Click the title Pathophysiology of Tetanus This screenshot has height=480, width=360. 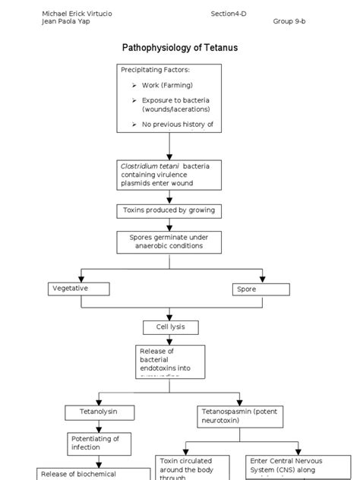click(180, 48)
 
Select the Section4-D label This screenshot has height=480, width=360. click(229, 13)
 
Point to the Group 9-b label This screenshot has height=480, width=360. click(289, 21)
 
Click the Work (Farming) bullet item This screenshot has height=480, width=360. click(166, 85)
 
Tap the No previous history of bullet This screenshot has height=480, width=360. click(177, 124)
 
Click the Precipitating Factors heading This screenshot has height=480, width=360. click(155, 70)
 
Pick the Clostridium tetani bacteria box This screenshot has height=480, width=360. click(169, 174)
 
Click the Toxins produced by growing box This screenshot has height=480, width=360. click(169, 210)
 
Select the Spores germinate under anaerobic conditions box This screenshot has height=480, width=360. click(169, 242)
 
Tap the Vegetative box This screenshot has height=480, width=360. click(77, 289)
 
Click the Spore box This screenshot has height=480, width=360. click(261, 289)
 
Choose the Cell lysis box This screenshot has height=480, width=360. click(171, 327)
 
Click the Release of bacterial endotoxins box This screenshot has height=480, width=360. click(171, 362)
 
